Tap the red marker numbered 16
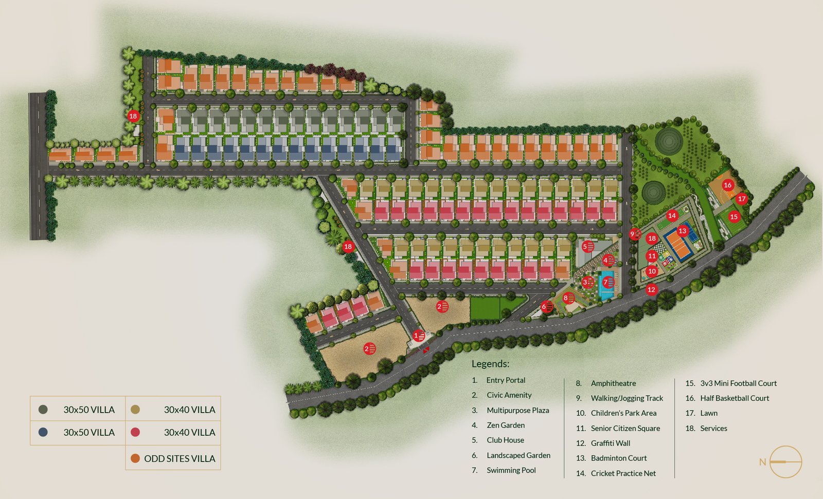[727, 185]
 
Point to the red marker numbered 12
[651, 290]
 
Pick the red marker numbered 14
[672, 216]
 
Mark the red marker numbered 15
[734, 217]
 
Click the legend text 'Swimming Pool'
[511, 470]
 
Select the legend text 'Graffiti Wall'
[610, 443]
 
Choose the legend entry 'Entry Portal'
[506, 380]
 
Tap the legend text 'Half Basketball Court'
[734, 398]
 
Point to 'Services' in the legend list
[713, 428]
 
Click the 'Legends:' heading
[490, 364]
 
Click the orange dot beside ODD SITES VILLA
[135, 458]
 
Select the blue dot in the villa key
[43, 432]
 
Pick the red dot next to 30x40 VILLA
[135, 432]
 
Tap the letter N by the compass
[762, 462]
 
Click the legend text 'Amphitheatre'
[613, 383]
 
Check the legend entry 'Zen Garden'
[506, 425]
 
